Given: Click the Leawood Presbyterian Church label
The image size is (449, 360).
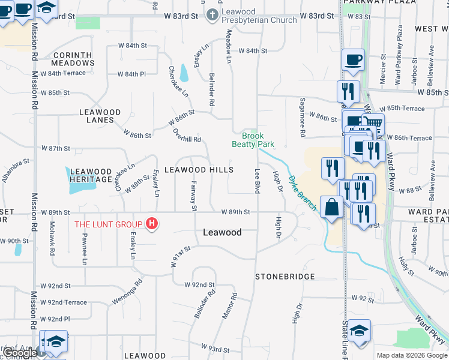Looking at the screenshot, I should [259, 16].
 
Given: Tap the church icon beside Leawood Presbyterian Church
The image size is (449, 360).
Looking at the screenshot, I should [212, 16].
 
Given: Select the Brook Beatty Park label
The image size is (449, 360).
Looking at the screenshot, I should [253, 140].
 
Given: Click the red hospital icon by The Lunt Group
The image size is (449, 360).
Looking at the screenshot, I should [152, 224].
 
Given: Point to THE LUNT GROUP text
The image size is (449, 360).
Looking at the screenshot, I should [108, 225].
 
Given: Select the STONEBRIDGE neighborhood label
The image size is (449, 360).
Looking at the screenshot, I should [285, 277].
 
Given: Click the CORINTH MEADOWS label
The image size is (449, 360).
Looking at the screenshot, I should [73, 59].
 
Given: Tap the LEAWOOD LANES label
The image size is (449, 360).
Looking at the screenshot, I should [100, 116].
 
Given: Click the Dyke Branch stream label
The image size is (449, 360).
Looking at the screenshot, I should [302, 192].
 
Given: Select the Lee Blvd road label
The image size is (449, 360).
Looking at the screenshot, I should [257, 180].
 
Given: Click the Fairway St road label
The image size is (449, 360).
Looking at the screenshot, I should [194, 196].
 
